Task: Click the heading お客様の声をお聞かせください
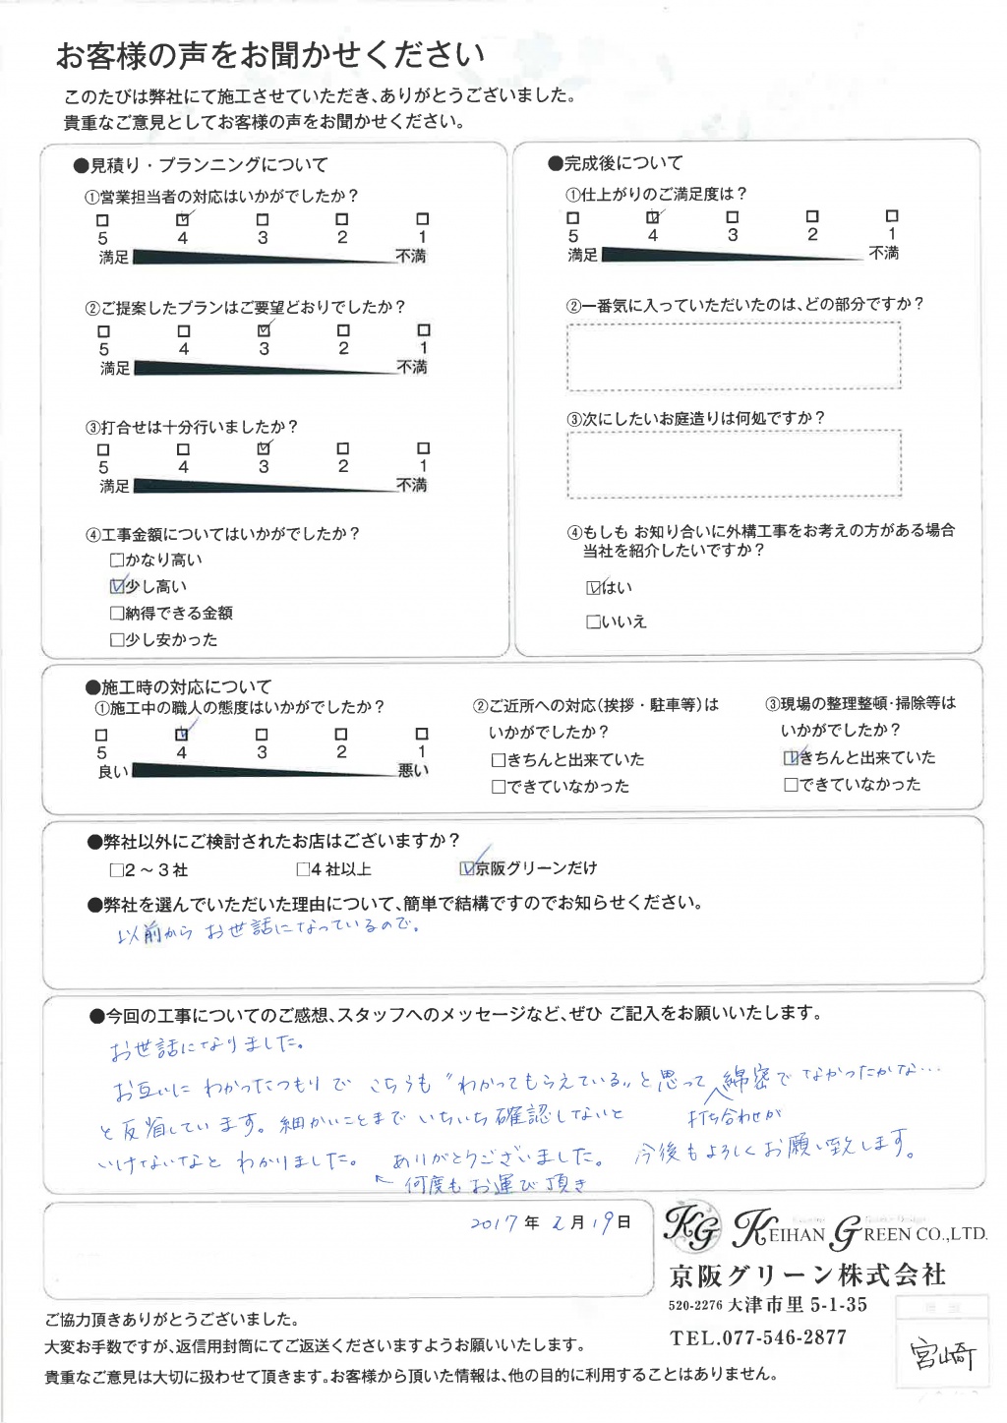coord(270,55)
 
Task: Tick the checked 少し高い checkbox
coord(118,586)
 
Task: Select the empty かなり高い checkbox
coord(118,560)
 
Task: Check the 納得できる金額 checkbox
coord(118,613)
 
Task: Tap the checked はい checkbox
coord(593,587)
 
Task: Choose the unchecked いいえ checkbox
coord(593,622)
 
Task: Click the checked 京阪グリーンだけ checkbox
coord(467,868)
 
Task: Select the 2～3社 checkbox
coord(117,870)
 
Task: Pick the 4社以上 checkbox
coord(303,869)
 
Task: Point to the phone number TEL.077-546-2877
coord(758,1337)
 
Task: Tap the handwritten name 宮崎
coord(943,1355)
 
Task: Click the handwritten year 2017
coord(493,1223)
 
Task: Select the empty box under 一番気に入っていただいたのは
coord(734,355)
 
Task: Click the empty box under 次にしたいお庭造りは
coord(734,463)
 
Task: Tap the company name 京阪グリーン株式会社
coord(807,1275)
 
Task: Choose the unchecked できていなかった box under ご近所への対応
coord(499,787)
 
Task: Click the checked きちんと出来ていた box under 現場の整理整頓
coord(791,758)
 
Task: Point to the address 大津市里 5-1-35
coord(798,1305)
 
